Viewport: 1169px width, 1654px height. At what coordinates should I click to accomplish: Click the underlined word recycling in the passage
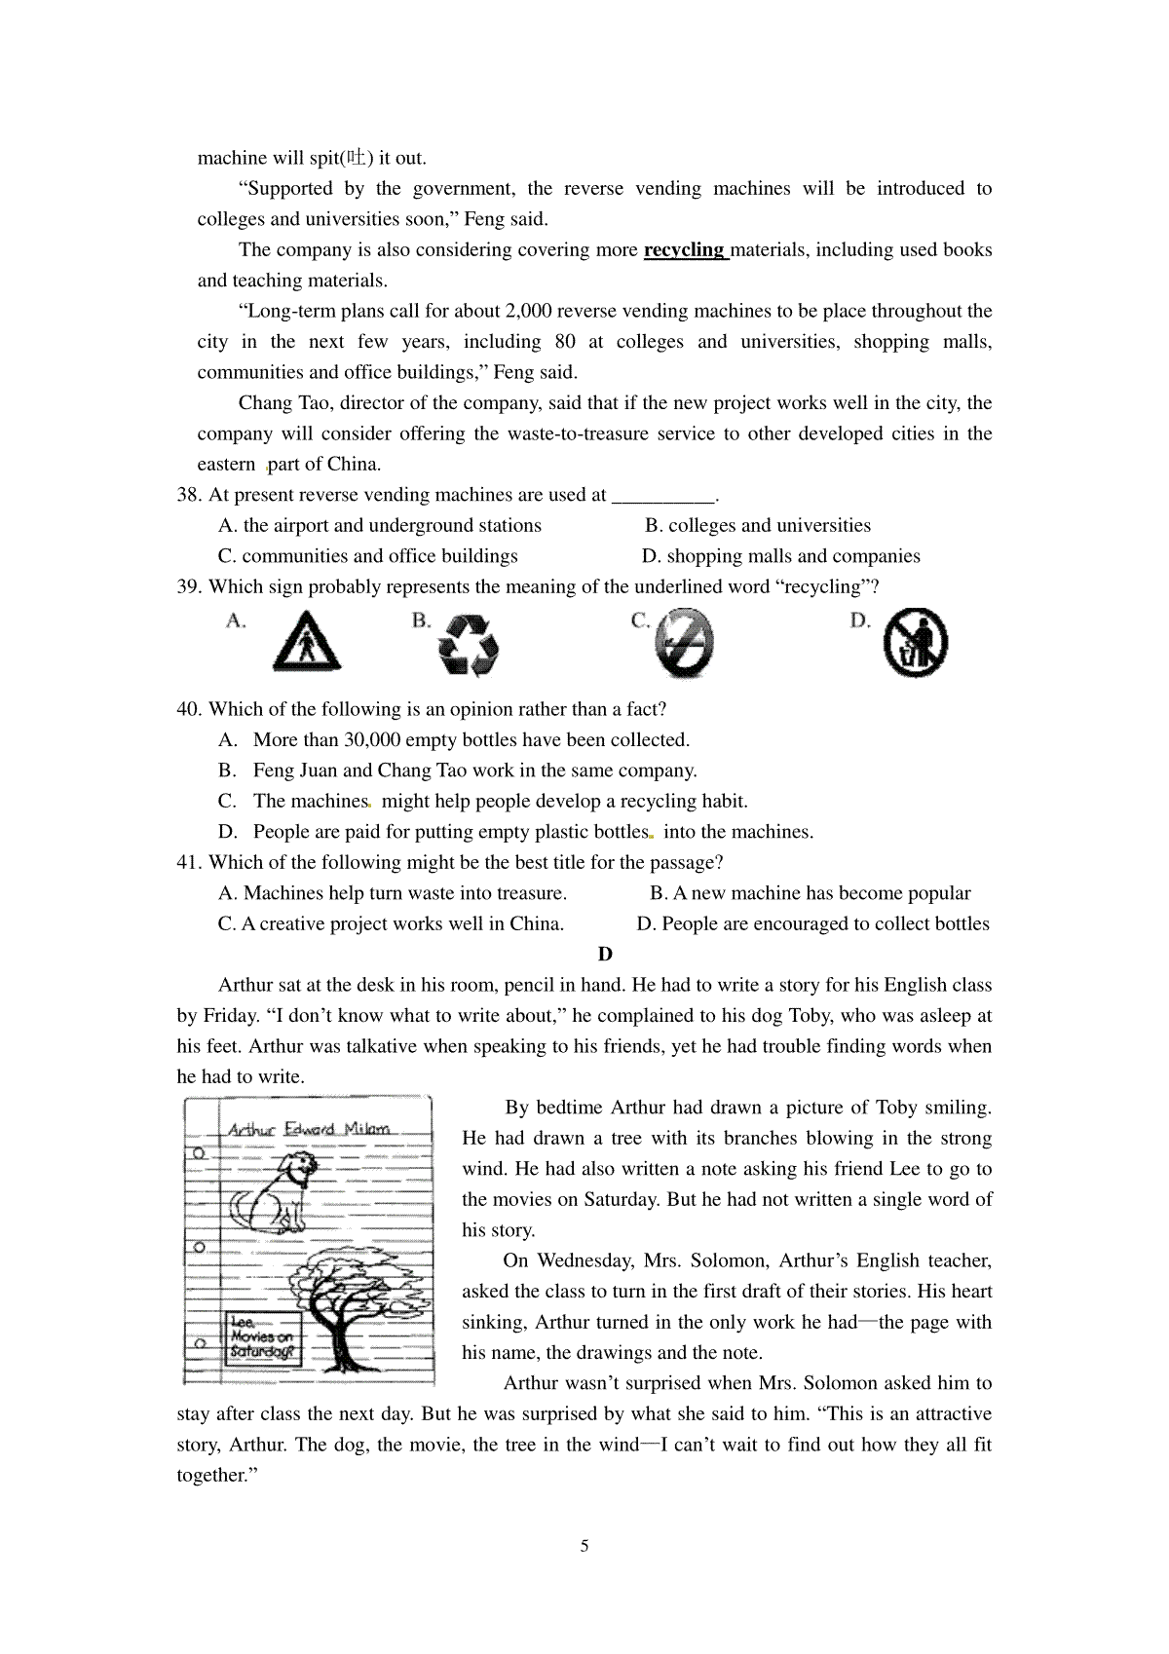[x=684, y=249]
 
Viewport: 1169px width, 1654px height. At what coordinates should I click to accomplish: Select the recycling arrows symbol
[x=469, y=644]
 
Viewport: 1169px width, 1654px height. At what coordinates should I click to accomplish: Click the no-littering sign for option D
[x=915, y=643]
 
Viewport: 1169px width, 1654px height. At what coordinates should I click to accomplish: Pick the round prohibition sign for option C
[x=685, y=643]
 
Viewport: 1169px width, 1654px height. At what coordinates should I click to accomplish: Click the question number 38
[x=188, y=495]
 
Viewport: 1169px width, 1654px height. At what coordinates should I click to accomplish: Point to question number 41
[x=188, y=862]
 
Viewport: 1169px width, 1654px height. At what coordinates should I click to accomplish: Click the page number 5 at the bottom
[x=584, y=1546]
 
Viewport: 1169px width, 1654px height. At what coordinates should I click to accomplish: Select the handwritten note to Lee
[x=260, y=1337]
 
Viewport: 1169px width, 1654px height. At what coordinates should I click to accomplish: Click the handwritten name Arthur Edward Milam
[x=309, y=1130]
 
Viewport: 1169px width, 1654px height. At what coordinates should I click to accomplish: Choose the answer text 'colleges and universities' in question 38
[x=769, y=526]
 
